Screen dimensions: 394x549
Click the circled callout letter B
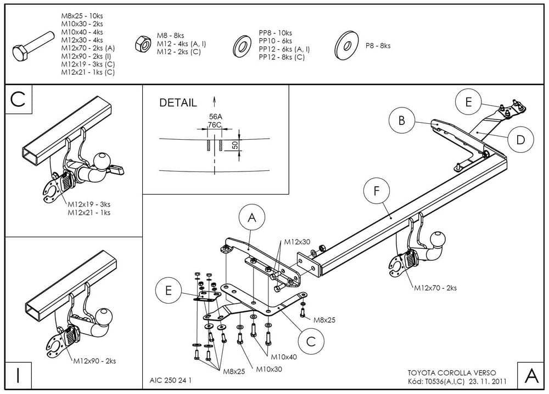pyautogui.click(x=402, y=121)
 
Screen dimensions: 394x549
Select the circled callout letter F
pyautogui.click(x=377, y=191)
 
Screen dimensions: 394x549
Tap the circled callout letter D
pyautogui.click(x=520, y=139)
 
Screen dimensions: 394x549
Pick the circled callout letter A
pyautogui.click(x=252, y=218)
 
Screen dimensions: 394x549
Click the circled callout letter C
pyautogui.click(x=311, y=341)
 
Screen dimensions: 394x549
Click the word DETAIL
pyautogui.click(x=178, y=102)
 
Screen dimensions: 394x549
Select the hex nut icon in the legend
pyautogui.click(x=143, y=43)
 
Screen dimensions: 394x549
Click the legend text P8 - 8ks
pyautogui.click(x=378, y=46)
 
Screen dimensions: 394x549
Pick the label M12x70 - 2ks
pyautogui.click(x=435, y=287)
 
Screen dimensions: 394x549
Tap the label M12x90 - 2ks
pyautogui.click(x=94, y=361)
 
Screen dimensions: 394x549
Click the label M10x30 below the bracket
pyautogui.click(x=269, y=369)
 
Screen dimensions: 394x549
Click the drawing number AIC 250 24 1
pyautogui.click(x=170, y=380)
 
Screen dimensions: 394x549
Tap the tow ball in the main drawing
pyautogui.click(x=438, y=239)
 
